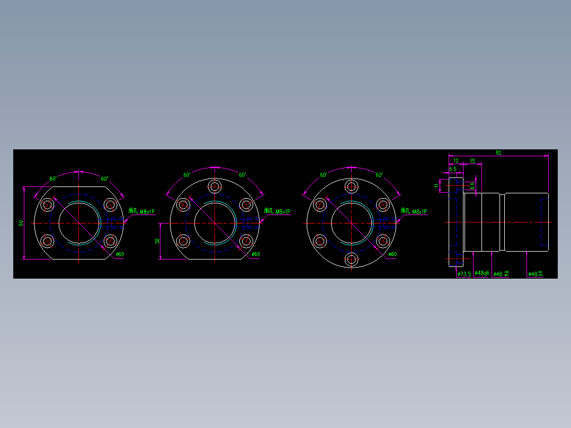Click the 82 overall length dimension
point(498,153)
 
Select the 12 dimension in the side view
point(456,160)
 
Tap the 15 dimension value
point(472,160)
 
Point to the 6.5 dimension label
point(453,170)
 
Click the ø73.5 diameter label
point(463,274)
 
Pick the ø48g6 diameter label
point(482,273)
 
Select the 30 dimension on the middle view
point(157,241)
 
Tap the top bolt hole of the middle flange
point(215,186)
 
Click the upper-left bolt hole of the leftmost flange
point(48,204)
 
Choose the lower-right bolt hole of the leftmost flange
point(110,241)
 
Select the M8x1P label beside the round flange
point(414,211)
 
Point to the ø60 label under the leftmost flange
point(120,254)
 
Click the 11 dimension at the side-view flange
point(437,185)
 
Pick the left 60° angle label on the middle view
point(187,175)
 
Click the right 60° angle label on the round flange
point(379,175)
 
